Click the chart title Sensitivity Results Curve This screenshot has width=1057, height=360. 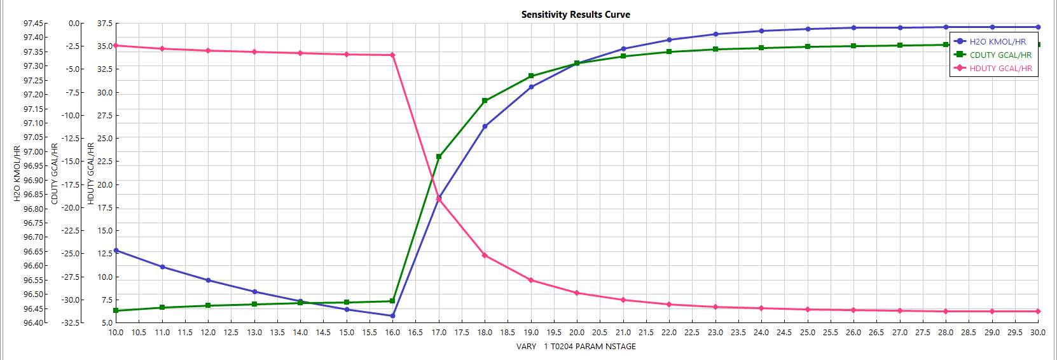coord(576,15)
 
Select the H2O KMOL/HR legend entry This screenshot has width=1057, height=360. coord(997,41)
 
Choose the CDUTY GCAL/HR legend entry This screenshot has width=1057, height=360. coord(1000,55)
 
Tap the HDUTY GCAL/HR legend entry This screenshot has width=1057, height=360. coord(1000,69)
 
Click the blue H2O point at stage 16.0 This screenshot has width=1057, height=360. coord(392,316)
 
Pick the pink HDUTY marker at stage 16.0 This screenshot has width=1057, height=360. coord(392,55)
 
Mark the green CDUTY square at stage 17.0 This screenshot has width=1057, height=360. coord(439,156)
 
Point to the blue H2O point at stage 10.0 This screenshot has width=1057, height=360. coord(116,251)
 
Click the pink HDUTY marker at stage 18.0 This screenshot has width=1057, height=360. coord(485,256)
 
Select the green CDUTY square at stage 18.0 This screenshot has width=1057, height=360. coord(485,100)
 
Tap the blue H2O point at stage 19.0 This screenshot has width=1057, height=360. coord(531,87)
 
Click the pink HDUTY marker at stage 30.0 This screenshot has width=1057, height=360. coord(1038,312)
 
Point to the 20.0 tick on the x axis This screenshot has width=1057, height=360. coord(577,333)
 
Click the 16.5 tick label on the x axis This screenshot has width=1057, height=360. coord(415,333)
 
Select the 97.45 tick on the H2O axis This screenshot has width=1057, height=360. coord(34,24)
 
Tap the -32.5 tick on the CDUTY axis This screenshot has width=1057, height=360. coord(71,323)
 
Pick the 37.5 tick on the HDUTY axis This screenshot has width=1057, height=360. coord(105,24)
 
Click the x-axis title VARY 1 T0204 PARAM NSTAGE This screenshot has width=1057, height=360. coord(576,347)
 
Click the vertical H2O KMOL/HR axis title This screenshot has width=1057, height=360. coord(17,174)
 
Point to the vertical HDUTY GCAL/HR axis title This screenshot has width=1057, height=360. coord(91,174)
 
